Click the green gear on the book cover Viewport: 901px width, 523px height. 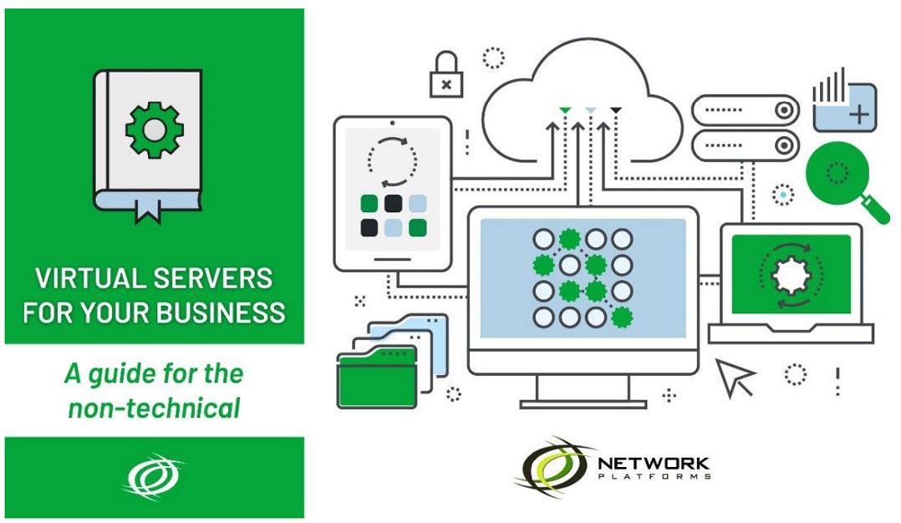pyautogui.click(x=153, y=129)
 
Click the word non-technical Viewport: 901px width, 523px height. pyautogui.click(x=154, y=408)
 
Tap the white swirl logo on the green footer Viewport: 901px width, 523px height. pyautogui.click(x=154, y=478)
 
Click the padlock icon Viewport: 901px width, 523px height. pyautogui.click(x=445, y=77)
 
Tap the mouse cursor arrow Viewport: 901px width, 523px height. pyautogui.click(x=735, y=378)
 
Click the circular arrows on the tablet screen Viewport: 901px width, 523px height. pyautogui.click(x=392, y=159)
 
